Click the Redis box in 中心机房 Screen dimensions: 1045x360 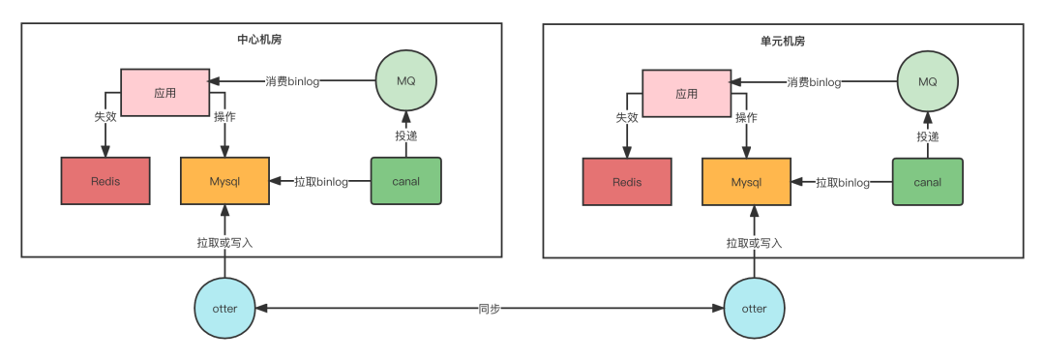(105, 181)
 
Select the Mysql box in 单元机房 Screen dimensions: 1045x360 (746, 181)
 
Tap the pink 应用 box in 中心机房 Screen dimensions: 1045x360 (164, 92)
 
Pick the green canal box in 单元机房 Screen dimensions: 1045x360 (928, 181)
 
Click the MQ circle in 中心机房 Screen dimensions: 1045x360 (405, 81)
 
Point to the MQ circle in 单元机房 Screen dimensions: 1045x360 (928, 81)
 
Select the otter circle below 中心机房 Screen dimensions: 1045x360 (224, 309)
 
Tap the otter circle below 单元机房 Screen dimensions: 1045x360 (755, 309)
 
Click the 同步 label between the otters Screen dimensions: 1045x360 (490, 310)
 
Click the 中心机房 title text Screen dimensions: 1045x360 (259, 40)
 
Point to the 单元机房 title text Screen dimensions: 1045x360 (783, 42)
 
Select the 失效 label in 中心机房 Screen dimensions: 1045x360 (105, 117)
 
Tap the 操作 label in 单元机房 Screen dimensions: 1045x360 (746, 118)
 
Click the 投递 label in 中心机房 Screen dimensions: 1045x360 (405, 136)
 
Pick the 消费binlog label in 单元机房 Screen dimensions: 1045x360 (814, 82)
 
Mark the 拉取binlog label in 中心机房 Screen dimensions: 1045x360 (321, 181)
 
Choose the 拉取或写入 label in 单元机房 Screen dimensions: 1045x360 (755, 243)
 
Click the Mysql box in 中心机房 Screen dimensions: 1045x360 (224, 181)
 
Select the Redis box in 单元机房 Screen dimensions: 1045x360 (626, 181)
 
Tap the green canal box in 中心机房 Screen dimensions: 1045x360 (405, 181)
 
